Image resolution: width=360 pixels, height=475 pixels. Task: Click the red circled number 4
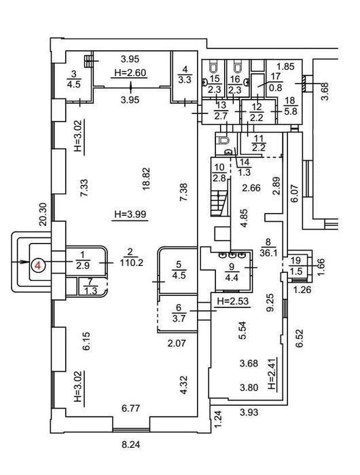(x=38, y=265)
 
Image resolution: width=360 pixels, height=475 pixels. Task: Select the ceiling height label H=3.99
(x=130, y=214)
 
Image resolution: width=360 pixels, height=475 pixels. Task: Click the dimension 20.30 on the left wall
(x=43, y=214)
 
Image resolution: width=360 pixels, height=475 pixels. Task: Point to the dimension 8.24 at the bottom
(x=130, y=445)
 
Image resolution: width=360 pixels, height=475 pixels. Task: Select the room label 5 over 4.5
(x=179, y=269)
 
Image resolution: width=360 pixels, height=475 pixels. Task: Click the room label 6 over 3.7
(x=179, y=313)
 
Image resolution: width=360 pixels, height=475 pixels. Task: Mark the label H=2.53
(x=233, y=301)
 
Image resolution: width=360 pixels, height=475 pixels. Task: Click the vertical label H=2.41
(x=273, y=374)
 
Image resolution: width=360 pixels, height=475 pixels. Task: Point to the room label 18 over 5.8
(x=290, y=106)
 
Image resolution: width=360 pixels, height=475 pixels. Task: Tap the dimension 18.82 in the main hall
(x=147, y=179)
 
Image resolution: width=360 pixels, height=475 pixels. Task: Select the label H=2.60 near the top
(x=130, y=73)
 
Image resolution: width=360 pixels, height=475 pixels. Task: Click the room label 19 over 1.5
(x=296, y=266)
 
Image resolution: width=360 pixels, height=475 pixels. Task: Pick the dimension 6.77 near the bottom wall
(x=130, y=408)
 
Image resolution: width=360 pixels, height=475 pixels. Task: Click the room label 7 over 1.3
(x=90, y=286)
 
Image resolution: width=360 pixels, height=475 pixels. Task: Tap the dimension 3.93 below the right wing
(x=249, y=412)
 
